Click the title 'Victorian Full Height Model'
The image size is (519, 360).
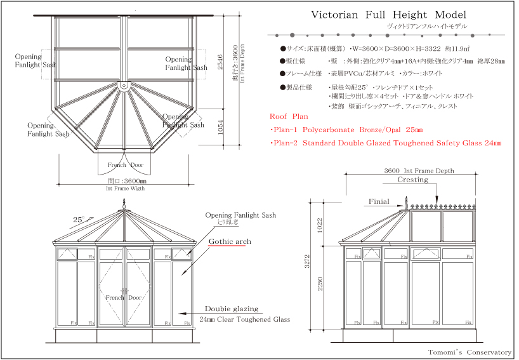[x=388, y=15]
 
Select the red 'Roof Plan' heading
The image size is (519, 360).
[x=289, y=117]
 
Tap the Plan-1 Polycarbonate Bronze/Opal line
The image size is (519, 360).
[x=346, y=130]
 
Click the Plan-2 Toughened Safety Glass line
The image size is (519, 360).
[x=386, y=143]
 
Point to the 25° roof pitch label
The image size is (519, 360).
[x=79, y=220]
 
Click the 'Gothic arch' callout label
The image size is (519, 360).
[x=229, y=242]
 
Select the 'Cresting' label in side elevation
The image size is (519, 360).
[x=412, y=180]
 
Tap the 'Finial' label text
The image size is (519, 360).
[x=379, y=202]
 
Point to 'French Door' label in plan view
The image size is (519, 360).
[x=125, y=165]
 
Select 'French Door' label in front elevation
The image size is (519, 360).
[x=124, y=298]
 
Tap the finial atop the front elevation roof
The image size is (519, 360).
[x=124, y=204]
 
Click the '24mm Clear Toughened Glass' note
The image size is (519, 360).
[x=244, y=319]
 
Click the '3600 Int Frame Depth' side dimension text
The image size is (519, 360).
[x=419, y=171]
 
